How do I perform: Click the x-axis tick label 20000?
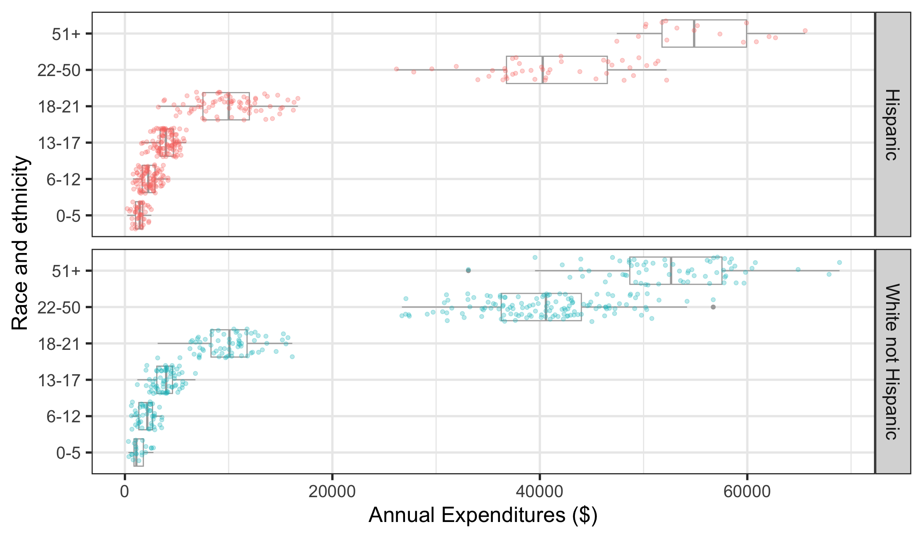coord(332,491)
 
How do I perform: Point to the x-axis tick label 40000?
coord(539,491)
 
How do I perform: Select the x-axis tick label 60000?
coord(747,491)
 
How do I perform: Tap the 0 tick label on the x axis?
coord(125,491)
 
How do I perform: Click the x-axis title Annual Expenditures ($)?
coord(483,515)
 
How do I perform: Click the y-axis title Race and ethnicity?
coord(20,243)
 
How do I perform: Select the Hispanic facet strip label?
coord(893,124)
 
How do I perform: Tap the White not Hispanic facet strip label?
coord(893,361)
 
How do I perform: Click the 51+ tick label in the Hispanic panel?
coord(66,34)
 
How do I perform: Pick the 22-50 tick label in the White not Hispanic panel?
coord(59,307)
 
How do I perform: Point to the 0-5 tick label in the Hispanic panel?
coord(68,216)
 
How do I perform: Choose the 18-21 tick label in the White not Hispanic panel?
coord(59,344)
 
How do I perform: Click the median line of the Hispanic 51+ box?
coord(694,34)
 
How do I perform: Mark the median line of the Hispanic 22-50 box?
coord(542,70)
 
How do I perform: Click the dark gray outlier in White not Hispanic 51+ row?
coord(468,271)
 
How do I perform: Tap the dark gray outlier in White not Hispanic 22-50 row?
coord(713,307)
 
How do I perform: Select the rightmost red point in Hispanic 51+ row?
coord(805,30)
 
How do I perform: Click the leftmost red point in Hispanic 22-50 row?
coord(396,69)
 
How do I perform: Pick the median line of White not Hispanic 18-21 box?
coord(229,343)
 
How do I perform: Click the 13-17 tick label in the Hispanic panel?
coord(59,143)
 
